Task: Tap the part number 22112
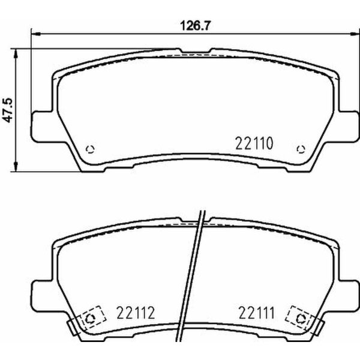click(x=135, y=313)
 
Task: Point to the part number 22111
click(x=255, y=313)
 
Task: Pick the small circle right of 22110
click(x=301, y=149)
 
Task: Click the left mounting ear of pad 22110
click(x=41, y=124)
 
